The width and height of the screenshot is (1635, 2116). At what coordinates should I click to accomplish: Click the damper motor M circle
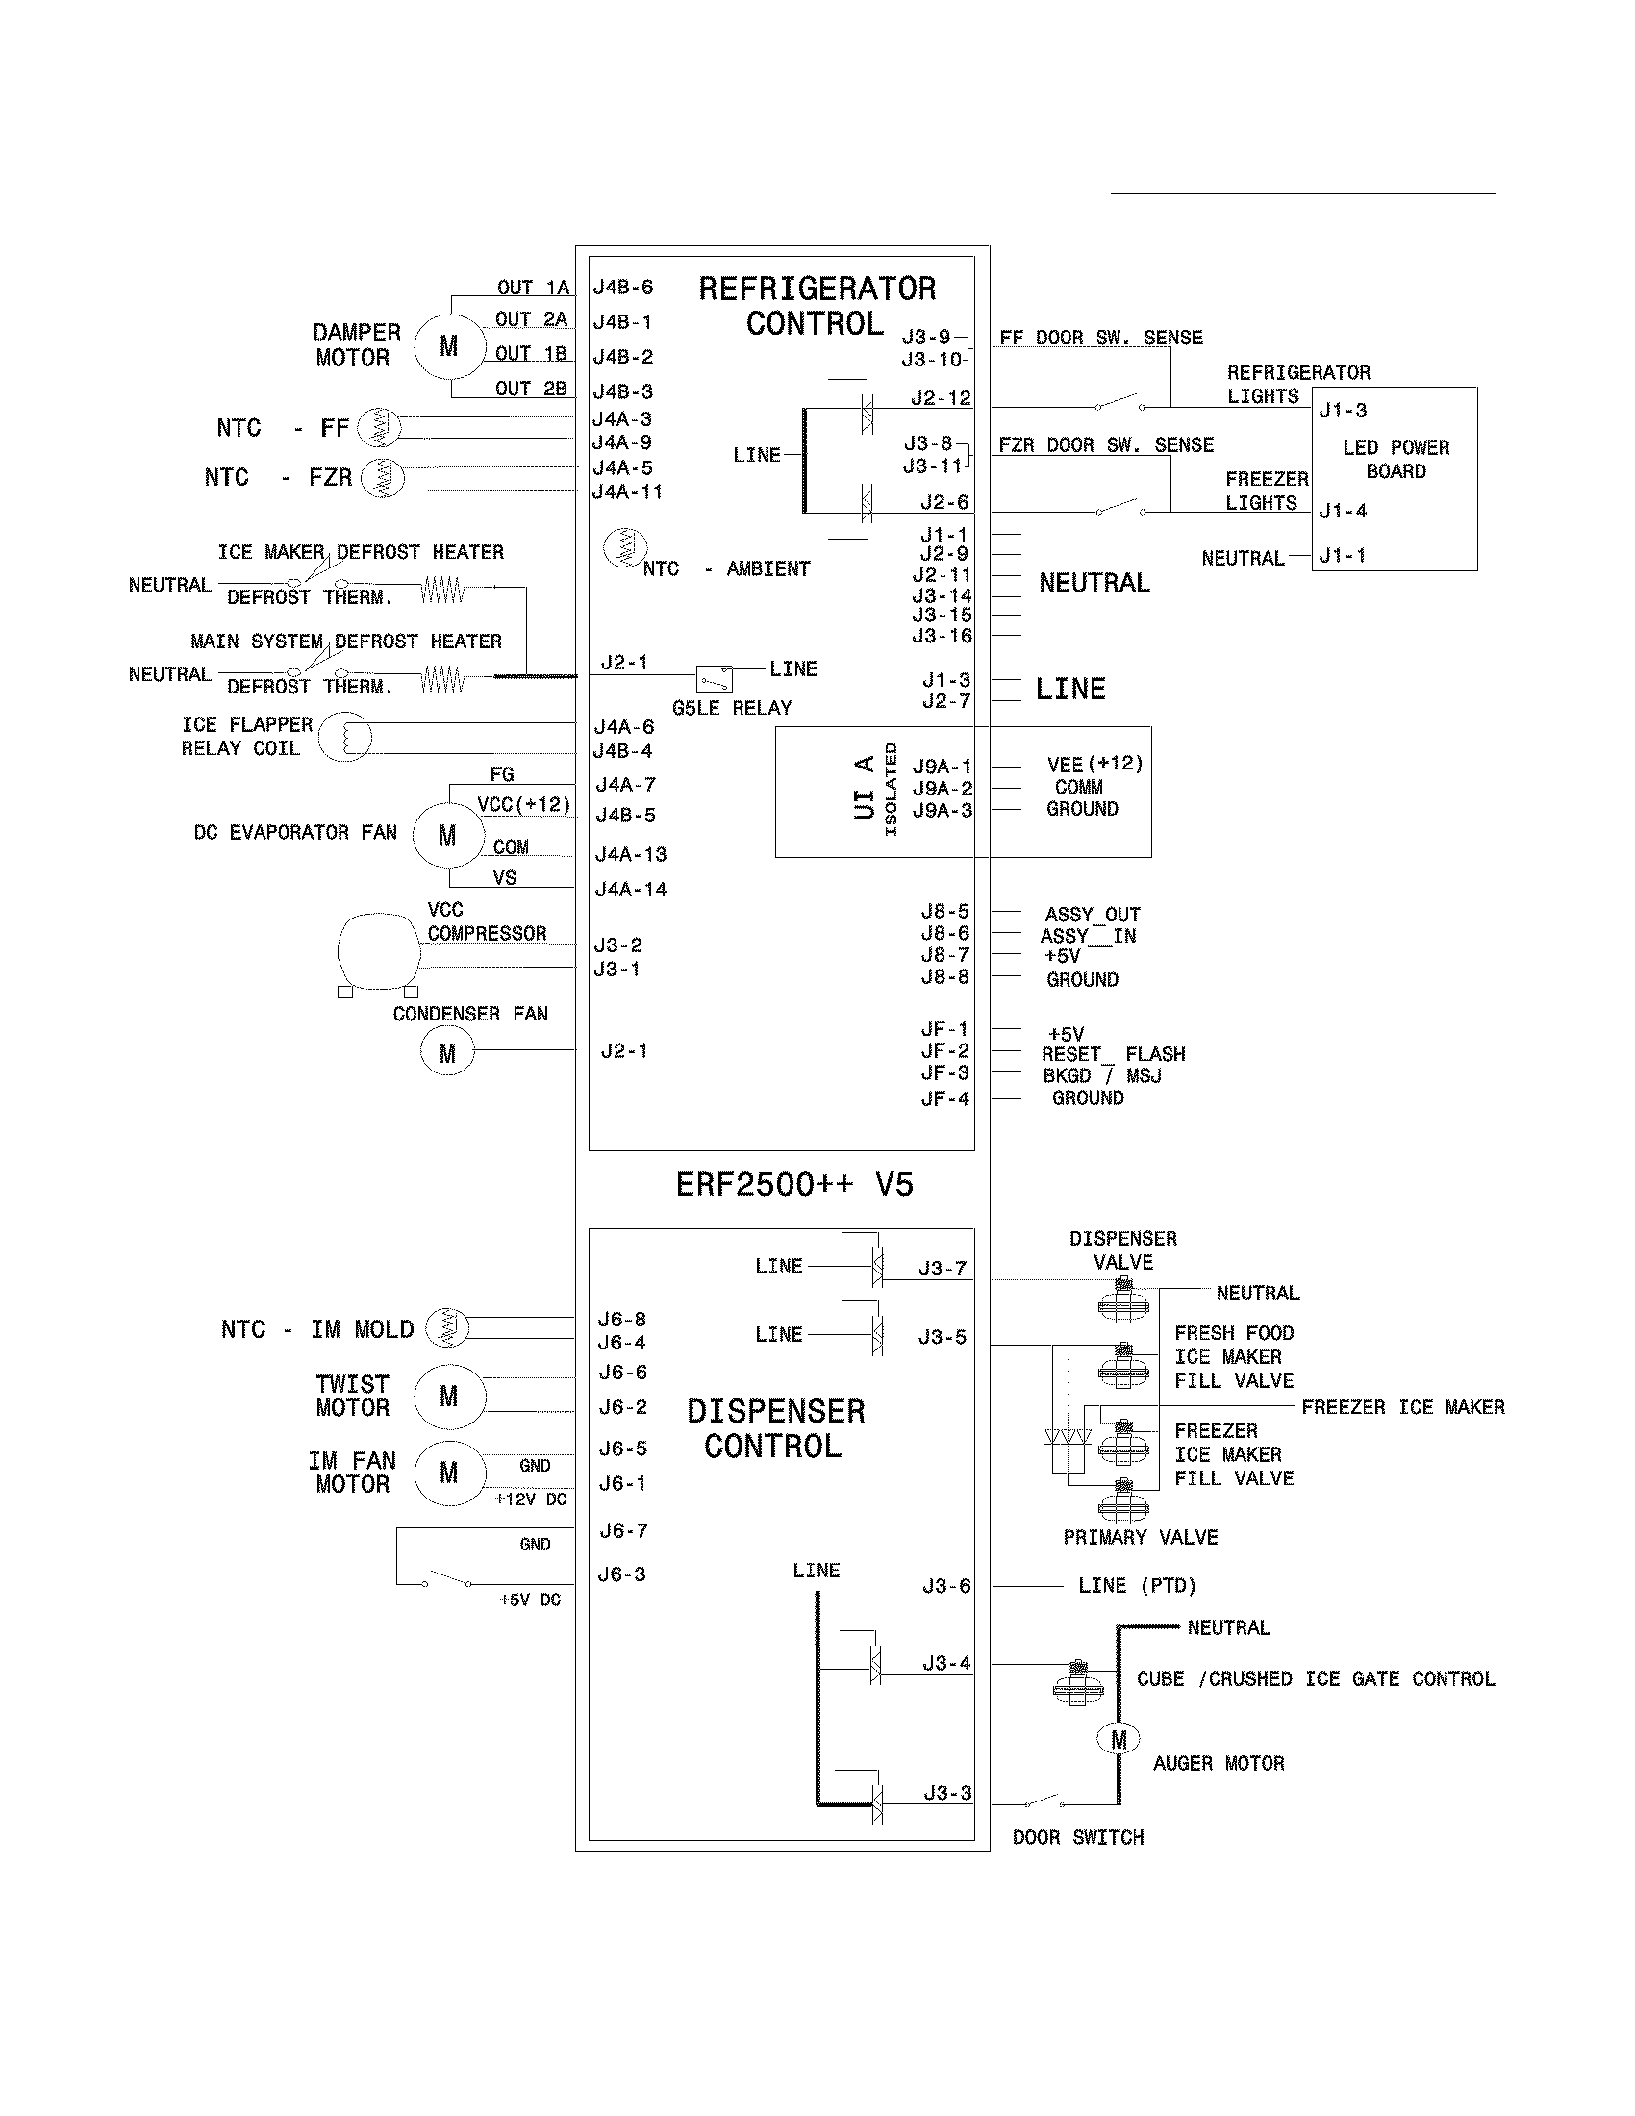(448, 346)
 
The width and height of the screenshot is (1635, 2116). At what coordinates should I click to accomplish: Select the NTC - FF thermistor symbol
(378, 427)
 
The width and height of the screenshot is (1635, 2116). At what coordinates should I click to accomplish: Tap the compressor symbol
(378, 950)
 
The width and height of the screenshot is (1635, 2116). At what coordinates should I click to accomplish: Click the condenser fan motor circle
(446, 1052)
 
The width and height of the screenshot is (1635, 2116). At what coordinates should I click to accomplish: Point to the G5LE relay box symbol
(715, 678)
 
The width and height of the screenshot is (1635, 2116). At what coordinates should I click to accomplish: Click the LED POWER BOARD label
(1396, 459)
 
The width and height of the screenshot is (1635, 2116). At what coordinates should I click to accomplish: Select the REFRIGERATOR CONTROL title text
(817, 306)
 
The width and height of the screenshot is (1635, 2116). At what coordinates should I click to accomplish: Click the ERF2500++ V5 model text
(794, 1184)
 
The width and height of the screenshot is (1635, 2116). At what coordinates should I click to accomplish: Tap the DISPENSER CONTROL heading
(775, 1428)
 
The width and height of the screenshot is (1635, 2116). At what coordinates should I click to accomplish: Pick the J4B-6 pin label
(623, 288)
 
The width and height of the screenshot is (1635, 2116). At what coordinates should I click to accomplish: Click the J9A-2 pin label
(942, 789)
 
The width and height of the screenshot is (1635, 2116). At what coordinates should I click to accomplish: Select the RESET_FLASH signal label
(1113, 1054)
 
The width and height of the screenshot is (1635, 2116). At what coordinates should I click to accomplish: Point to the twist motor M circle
(448, 1397)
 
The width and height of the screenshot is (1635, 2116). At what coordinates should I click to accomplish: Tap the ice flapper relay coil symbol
(346, 737)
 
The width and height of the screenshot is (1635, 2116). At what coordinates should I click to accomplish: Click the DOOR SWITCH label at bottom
(1078, 1838)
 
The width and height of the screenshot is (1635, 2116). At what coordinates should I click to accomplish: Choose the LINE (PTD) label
(1137, 1586)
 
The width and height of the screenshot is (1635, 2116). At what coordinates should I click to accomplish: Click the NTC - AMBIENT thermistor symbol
(625, 548)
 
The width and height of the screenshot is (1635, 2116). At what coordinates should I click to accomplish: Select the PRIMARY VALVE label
(1140, 1538)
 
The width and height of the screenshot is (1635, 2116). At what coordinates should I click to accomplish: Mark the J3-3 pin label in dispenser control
(946, 1794)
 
